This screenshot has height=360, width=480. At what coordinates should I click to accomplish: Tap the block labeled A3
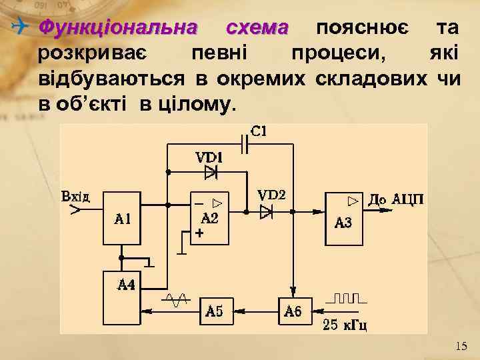click(343, 218)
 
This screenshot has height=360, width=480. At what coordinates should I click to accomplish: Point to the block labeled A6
click(294, 310)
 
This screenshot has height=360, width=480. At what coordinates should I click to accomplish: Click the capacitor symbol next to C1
click(246, 142)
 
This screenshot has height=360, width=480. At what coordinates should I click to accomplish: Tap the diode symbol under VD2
click(267, 211)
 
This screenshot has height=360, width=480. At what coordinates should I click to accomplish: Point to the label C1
click(259, 131)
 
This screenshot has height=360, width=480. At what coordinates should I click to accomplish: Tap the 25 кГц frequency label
click(345, 325)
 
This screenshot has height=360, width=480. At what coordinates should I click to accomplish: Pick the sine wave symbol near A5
click(178, 301)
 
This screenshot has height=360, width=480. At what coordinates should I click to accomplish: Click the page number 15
click(461, 346)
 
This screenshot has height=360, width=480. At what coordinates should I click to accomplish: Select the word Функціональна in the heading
click(119, 28)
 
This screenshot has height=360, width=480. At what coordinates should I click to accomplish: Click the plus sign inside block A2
click(198, 233)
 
